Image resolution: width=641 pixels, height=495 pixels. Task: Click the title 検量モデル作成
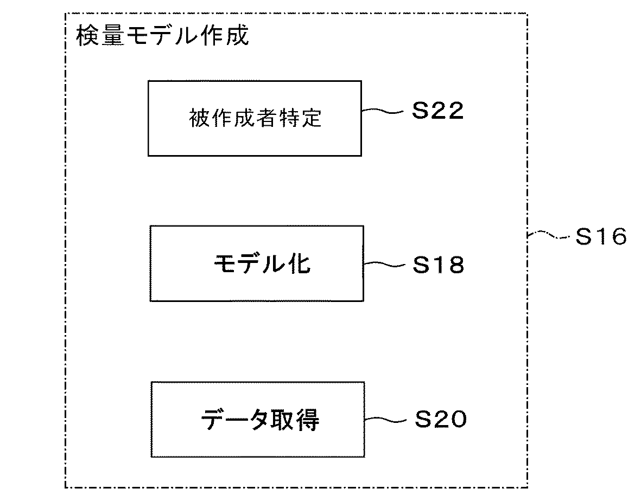tap(162, 36)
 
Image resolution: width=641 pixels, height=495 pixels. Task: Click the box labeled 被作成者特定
tap(255, 118)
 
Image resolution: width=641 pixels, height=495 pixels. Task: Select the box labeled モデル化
tap(257, 263)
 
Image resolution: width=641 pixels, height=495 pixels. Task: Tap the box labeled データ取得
tap(258, 419)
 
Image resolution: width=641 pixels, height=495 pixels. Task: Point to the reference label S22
tap(437, 111)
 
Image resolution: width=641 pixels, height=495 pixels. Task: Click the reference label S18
tap(439, 265)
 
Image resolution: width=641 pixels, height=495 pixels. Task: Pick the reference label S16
tap(601, 237)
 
